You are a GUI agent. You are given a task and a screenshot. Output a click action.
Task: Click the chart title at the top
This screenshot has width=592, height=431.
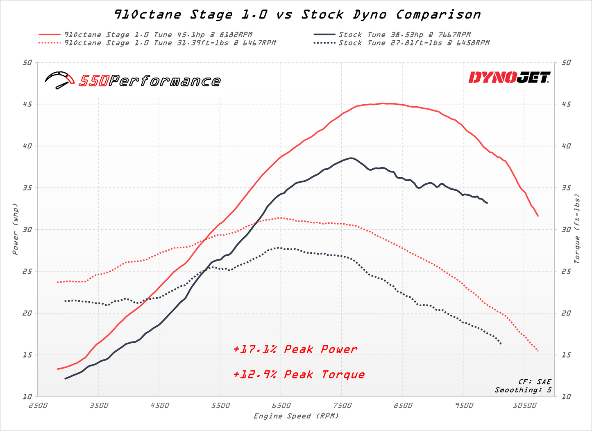[x=297, y=15]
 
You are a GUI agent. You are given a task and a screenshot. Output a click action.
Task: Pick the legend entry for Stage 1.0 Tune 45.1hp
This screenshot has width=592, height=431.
[x=158, y=34]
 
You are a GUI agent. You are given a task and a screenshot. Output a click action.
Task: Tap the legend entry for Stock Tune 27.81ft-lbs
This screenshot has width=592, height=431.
[x=414, y=43]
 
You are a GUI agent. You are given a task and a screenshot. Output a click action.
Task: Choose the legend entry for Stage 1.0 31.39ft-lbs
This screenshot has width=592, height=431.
[x=170, y=43]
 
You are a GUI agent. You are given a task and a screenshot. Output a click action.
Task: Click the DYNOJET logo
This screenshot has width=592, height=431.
[x=509, y=77]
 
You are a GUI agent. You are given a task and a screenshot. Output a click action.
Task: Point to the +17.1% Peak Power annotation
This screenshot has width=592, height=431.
[x=295, y=349]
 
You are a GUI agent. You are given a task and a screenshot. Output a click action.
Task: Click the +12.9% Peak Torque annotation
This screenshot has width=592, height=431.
[x=299, y=374]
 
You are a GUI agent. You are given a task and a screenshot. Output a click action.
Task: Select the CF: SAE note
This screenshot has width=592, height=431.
[x=535, y=382]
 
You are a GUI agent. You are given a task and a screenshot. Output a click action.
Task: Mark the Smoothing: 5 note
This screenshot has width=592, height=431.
[x=523, y=390]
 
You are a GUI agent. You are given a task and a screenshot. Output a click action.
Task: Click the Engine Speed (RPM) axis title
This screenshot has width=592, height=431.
[x=296, y=416]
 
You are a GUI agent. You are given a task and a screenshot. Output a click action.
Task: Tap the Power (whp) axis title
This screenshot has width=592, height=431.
[x=15, y=229]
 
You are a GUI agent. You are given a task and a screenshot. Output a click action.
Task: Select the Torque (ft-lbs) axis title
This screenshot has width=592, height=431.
[x=577, y=229]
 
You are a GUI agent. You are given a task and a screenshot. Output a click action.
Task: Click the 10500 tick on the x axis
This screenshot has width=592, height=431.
[x=525, y=406]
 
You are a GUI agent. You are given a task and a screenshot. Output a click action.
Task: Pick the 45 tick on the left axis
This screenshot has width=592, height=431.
[x=27, y=104]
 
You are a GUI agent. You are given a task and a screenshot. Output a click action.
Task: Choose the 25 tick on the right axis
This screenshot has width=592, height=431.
[x=566, y=271]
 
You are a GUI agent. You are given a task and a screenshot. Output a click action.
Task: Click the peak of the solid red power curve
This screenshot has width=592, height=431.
[x=383, y=103]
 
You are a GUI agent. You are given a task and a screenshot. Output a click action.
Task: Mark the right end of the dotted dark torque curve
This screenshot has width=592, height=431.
[x=501, y=343]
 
